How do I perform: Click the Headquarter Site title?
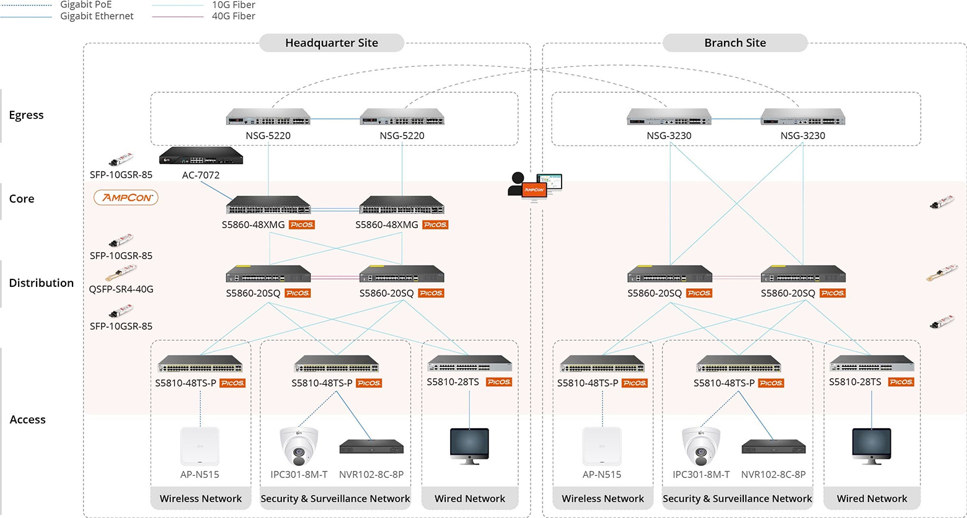click(331, 43)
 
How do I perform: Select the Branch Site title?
click(735, 43)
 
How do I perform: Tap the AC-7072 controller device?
click(201, 156)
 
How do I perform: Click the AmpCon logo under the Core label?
click(126, 198)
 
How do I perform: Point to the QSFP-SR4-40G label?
click(121, 289)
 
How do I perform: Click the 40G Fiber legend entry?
click(233, 16)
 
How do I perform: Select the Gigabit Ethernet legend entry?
click(96, 16)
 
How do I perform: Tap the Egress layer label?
click(26, 115)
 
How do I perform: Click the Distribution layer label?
click(41, 283)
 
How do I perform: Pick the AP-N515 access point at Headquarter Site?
click(200, 446)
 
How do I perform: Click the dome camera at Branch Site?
click(701, 446)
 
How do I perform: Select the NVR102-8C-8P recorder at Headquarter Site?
click(371, 447)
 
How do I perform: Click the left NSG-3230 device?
click(669, 117)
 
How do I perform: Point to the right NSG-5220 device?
click(402, 117)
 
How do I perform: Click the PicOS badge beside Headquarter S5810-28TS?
click(499, 382)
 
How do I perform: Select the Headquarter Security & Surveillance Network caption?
click(335, 499)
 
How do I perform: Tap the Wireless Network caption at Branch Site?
click(603, 499)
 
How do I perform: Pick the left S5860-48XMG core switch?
click(268, 206)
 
